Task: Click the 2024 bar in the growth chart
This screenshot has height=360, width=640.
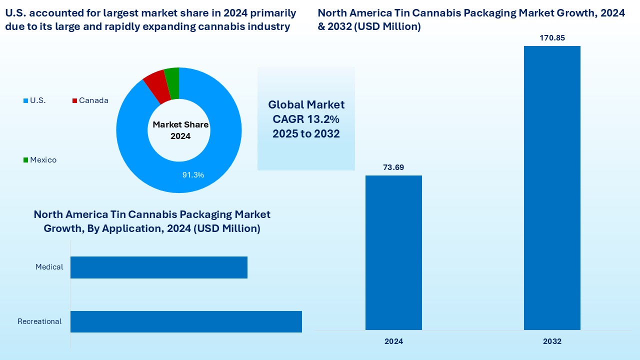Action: (393, 252)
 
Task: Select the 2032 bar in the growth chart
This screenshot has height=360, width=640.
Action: (552, 187)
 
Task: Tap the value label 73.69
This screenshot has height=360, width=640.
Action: (393, 167)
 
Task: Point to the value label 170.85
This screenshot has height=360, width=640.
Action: (552, 38)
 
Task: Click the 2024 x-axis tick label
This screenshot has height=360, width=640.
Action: (393, 341)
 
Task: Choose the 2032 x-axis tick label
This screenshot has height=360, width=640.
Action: (552, 341)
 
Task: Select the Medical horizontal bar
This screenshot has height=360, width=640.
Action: (159, 267)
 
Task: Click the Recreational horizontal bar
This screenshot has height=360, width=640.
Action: (186, 321)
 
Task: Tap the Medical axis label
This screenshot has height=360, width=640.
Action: (49, 267)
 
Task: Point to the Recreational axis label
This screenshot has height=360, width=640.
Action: (39, 321)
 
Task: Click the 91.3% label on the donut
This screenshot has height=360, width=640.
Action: (192, 175)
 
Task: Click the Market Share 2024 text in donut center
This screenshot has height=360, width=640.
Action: (180, 130)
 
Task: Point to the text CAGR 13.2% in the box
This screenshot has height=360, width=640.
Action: (306, 119)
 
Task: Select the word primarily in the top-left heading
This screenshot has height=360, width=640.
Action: (272, 13)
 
